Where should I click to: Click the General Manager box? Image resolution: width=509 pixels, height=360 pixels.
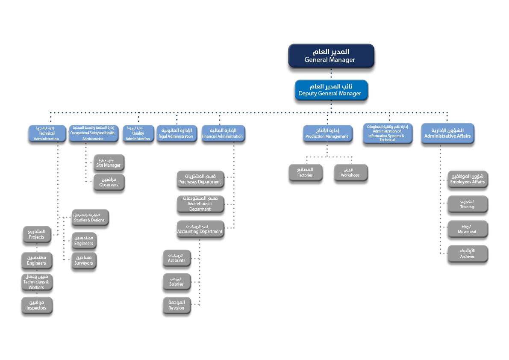331,56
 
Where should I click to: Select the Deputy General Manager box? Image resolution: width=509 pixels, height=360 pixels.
331,90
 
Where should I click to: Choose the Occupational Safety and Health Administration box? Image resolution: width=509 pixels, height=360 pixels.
93,133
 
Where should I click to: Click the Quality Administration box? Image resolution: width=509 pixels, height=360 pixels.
138,133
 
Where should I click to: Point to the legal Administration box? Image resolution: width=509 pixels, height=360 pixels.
176,133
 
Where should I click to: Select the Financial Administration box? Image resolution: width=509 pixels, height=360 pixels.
222,133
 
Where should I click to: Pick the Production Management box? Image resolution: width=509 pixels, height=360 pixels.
327,133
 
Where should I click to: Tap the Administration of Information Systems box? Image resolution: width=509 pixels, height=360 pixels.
387,133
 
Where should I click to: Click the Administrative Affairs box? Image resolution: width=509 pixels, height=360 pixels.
447,133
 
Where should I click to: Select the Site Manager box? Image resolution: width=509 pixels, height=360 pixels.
109,162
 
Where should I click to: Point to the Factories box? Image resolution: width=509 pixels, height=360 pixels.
305,172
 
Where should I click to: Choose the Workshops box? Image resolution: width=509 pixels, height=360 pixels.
350,172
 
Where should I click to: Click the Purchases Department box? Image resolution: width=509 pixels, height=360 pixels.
200,179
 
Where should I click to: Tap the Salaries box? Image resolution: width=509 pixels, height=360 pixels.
176,281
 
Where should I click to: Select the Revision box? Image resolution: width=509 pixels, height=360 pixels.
176,305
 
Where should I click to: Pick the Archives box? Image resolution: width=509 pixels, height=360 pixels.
467,254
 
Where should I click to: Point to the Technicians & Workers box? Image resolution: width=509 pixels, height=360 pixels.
36,282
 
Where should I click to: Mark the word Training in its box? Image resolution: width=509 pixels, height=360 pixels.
467,207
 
